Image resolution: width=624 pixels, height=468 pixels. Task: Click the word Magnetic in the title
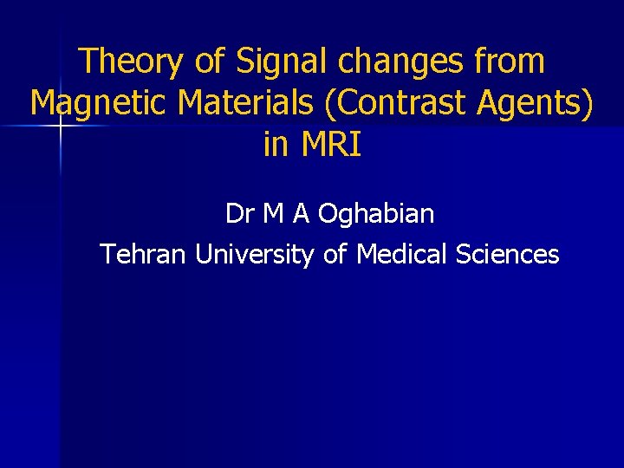(x=99, y=104)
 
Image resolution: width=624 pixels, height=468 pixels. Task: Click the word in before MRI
(x=276, y=145)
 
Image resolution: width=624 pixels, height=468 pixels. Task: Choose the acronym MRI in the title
(x=330, y=145)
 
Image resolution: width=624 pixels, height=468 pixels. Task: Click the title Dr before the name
(x=239, y=213)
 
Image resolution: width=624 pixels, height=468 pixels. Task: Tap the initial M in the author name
(x=275, y=213)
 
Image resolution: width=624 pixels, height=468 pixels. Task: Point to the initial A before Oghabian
(x=303, y=213)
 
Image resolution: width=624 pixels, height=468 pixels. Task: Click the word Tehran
(x=144, y=255)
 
